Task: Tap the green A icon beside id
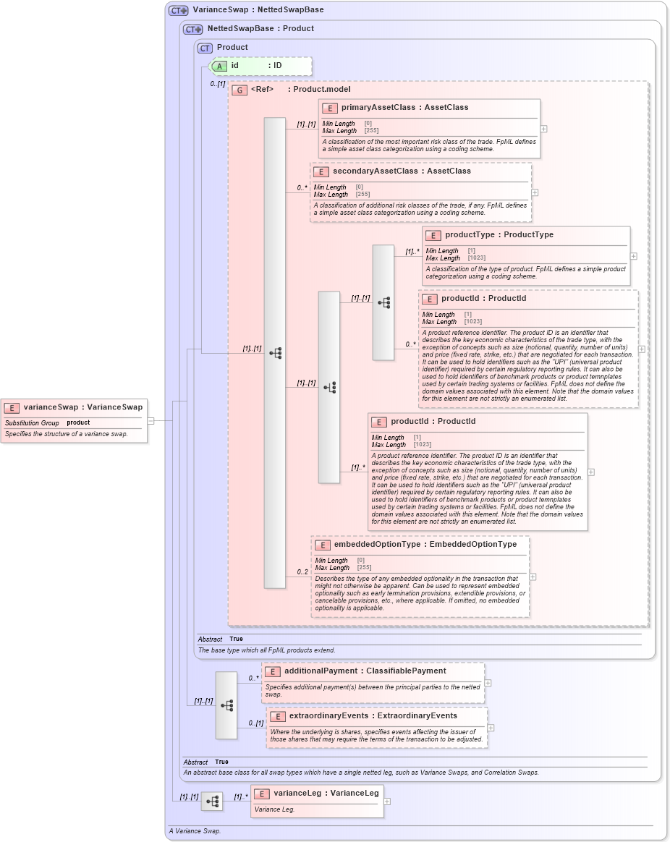[220, 66]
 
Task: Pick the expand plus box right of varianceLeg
[387, 801]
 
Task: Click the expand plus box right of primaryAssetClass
[543, 129]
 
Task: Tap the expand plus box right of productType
[633, 255]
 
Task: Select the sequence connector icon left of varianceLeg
[212, 801]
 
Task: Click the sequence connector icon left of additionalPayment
[226, 705]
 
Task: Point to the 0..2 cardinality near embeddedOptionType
[302, 572]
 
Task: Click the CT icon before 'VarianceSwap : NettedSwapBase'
[179, 11]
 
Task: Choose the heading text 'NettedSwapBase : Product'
[260, 29]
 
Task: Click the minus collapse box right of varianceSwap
[150, 420]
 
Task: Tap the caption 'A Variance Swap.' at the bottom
[195, 831]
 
